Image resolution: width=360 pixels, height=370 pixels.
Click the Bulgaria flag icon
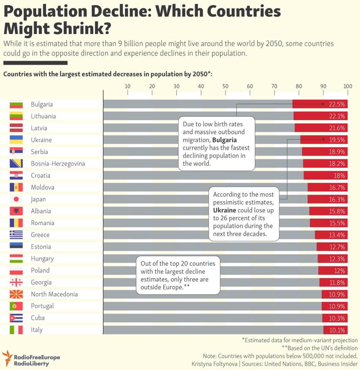point(16,104)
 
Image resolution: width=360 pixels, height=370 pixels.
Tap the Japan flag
point(16,199)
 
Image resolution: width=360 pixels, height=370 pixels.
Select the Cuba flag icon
point(16,318)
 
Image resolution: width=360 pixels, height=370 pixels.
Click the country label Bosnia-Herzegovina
point(58,163)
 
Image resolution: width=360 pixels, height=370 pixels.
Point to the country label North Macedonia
point(54,294)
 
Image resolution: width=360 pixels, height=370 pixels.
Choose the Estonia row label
point(41,247)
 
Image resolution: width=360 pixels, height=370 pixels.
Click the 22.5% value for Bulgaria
point(336,104)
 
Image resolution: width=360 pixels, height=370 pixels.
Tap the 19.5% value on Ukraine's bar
point(336,140)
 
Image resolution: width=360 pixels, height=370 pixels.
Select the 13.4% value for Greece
point(336,235)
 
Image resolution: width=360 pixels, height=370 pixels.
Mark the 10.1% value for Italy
point(336,330)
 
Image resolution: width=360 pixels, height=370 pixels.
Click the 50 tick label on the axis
point(225,86)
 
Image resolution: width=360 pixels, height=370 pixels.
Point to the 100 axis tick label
point(347,86)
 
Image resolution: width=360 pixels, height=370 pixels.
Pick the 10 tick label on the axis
point(128,86)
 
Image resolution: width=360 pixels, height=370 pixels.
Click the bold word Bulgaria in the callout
point(225,140)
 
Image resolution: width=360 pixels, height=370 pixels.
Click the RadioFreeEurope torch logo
point(7,358)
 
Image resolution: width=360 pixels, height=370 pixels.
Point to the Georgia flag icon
point(16,283)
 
